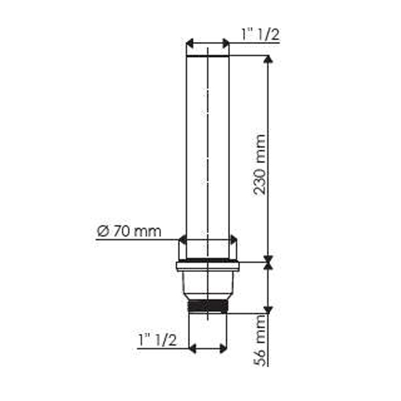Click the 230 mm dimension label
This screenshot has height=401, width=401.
click(x=259, y=164)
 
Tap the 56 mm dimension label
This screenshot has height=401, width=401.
click(x=259, y=340)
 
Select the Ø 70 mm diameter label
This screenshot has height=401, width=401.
click(x=129, y=231)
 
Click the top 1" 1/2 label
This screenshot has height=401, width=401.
click(x=261, y=34)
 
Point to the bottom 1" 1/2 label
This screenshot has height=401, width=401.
click(x=157, y=340)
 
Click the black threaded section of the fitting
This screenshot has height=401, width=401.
click(x=207, y=306)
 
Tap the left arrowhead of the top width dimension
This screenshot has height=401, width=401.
click(x=190, y=43)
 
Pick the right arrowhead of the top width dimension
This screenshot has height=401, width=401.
click(x=226, y=43)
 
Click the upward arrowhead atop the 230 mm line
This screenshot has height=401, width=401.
click(x=268, y=59)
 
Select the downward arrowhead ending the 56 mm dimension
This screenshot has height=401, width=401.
click(x=268, y=310)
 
